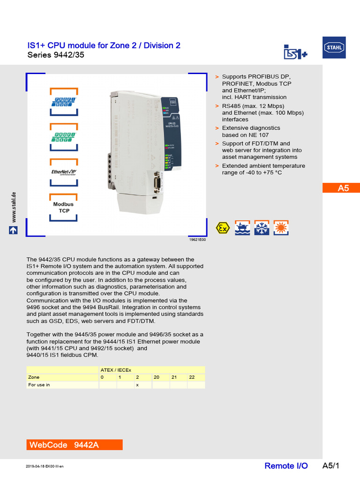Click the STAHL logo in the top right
(x=334, y=48)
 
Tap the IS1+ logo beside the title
(x=295, y=52)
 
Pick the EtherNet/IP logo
(x=64, y=172)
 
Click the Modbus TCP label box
(x=64, y=208)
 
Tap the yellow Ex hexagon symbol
(x=223, y=228)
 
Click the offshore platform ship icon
(x=242, y=228)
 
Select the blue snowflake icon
(x=262, y=228)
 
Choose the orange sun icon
(x=281, y=228)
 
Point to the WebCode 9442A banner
(x=74, y=445)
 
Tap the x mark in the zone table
(x=137, y=385)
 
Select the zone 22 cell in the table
(x=195, y=377)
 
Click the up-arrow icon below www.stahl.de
(x=13, y=230)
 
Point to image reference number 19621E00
(x=197, y=239)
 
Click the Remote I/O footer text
(x=286, y=465)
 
